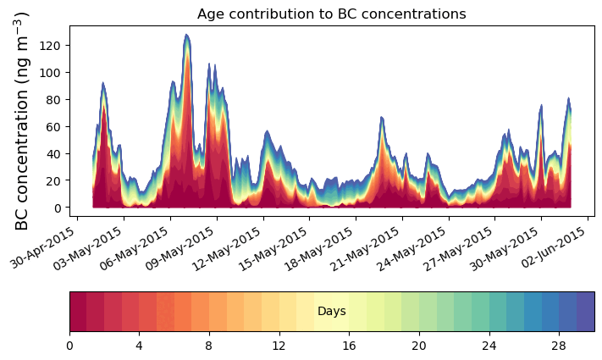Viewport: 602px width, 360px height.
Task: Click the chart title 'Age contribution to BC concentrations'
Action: (331, 14)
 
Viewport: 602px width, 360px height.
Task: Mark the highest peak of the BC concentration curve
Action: (186, 35)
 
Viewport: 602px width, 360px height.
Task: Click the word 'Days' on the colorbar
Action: (331, 312)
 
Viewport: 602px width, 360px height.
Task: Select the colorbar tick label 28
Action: (558, 346)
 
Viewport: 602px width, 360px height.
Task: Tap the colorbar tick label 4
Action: (139, 346)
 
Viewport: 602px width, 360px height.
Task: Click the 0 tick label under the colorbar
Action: (69, 346)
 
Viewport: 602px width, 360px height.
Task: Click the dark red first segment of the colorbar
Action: (78, 312)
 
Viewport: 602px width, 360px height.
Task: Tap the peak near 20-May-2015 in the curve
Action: (382, 118)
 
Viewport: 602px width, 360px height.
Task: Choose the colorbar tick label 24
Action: (488, 346)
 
